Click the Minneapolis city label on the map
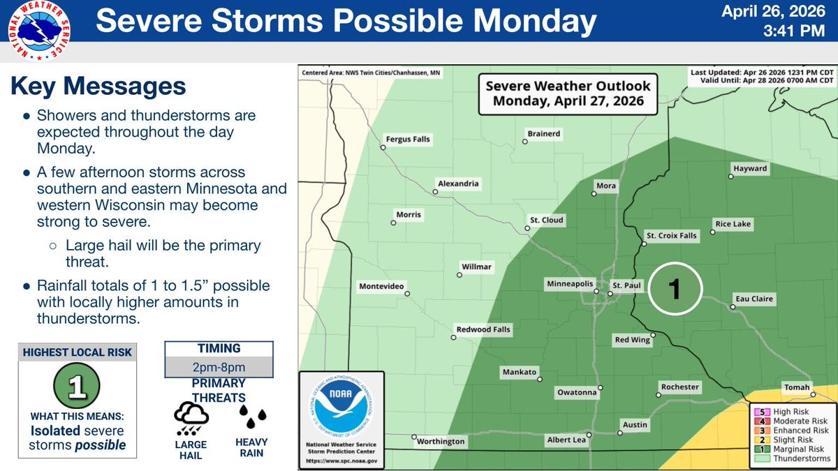(x=569, y=285)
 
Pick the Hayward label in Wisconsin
(x=750, y=169)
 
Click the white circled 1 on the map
(x=674, y=290)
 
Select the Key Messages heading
(x=98, y=87)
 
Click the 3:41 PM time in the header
(x=801, y=31)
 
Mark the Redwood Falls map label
(x=483, y=329)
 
